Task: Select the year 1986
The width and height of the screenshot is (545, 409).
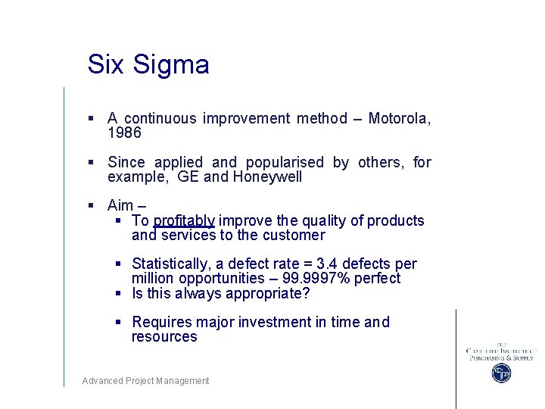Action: (124, 133)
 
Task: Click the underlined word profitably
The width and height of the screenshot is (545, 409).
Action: (184, 220)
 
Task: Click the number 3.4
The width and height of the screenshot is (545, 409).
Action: (326, 264)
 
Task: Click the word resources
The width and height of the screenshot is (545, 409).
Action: (163, 337)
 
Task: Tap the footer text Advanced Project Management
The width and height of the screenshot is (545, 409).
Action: (145, 381)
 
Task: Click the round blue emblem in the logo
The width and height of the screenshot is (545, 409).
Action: (501, 373)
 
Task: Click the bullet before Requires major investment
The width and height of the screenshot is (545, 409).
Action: (119, 323)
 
